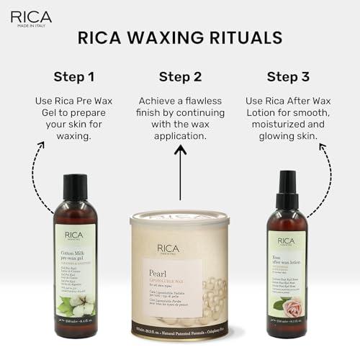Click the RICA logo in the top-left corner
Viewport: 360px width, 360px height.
click(30, 16)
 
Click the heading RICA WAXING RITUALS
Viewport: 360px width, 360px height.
click(179, 37)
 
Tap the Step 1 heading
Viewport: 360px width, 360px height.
click(74, 76)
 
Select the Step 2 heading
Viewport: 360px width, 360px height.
click(180, 76)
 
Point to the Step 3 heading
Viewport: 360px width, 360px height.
click(287, 76)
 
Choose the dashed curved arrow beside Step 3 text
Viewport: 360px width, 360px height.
click(325, 169)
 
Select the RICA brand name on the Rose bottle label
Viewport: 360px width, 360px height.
click(287, 240)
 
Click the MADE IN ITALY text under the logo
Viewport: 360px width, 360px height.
click(31, 26)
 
